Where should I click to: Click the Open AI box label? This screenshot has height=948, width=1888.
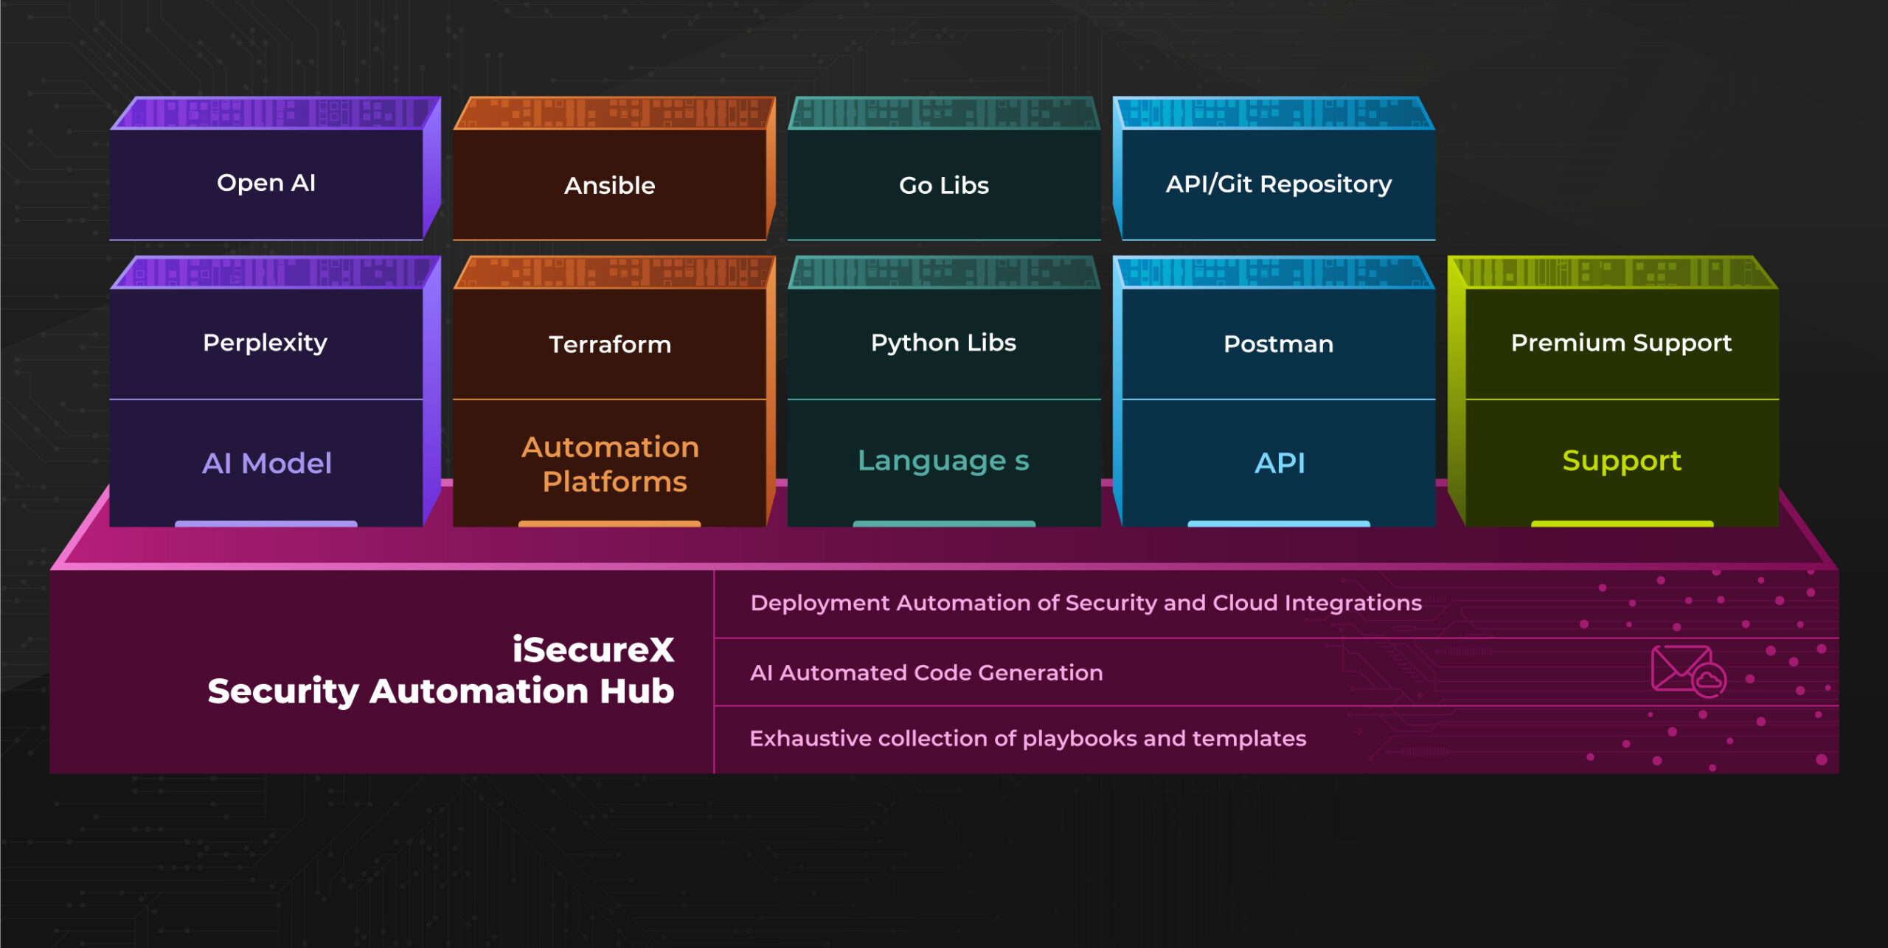[x=266, y=183]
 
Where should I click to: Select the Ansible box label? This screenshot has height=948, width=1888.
[x=609, y=185]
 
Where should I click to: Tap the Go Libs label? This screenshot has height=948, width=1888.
[x=943, y=185]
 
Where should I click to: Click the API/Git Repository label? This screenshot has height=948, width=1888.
[x=1278, y=184]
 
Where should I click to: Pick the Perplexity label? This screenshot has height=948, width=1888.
[x=265, y=343]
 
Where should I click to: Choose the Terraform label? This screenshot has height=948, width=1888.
[x=609, y=344]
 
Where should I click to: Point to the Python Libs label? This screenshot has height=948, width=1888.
[x=943, y=343]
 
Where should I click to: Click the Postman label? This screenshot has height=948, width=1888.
[x=1278, y=344]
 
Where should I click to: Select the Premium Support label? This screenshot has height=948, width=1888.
[x=1620, y=343]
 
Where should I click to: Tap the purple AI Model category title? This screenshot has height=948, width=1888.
[x=266, y=463]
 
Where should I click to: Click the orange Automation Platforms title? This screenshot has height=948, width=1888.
[x=611, y=464]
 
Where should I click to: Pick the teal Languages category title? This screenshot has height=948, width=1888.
[x=943, y=461]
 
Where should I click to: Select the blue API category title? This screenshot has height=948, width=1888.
[x=1280, y=463]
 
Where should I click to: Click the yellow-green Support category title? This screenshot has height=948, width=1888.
[x=1621, y=461]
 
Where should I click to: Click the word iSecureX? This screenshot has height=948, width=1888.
[x=593, y=649]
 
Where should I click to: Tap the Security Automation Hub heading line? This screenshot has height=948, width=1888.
[x=440, y=691]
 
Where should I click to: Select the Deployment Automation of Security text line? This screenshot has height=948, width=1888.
[x=1086, y=603]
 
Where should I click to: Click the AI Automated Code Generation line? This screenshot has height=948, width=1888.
[x=926, y=673]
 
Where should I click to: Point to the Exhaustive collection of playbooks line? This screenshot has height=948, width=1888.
[x=1027, y=739]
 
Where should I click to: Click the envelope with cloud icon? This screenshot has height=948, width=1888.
[x=1687, y=671]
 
